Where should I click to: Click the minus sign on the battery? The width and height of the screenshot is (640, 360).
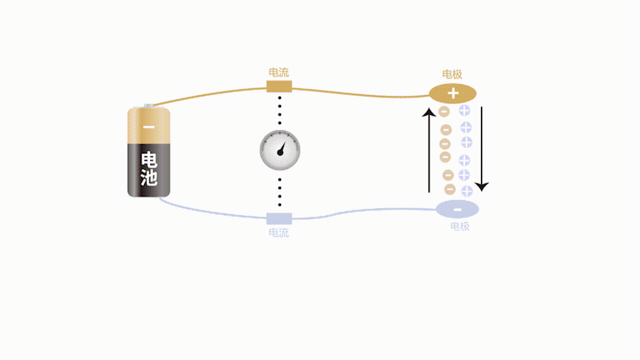(148, 127)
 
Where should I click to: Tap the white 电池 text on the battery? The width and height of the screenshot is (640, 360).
(149, 168)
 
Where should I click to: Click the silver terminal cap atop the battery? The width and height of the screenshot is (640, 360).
(148, 106)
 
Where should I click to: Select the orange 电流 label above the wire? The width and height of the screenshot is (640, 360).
(279, 72)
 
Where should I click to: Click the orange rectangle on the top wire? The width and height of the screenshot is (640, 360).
(279, 86)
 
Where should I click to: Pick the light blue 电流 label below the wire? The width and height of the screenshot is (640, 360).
(279, 233)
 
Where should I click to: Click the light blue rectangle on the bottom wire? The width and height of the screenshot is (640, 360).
(279, 218)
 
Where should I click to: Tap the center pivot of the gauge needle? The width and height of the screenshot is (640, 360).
(280, 153)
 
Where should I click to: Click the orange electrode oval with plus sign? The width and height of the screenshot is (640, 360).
(453, 93)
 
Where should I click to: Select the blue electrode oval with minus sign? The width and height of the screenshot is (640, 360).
(457, 209)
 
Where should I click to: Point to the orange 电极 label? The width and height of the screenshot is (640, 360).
(452, 74)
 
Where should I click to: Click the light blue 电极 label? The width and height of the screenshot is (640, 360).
(459, 226)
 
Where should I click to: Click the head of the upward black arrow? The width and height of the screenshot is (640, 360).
(429, 112)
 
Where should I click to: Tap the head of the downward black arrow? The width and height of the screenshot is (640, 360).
(482, 186)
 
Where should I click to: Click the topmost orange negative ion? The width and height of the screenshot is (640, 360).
(444, 111)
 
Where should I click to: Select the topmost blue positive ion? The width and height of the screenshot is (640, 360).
(464, 110)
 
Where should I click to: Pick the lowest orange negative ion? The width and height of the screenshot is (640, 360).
(449, 189)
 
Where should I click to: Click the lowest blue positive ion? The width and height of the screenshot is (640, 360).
(467, 191)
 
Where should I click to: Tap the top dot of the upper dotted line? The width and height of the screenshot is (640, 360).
(279, 97)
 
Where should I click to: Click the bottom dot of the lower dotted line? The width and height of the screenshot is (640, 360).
(279, 205)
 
